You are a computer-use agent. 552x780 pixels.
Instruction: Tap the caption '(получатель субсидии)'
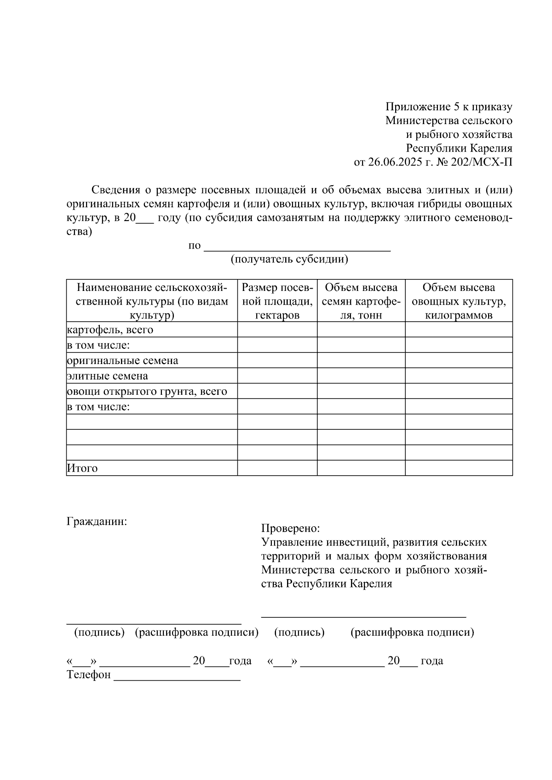(x=289, y=259)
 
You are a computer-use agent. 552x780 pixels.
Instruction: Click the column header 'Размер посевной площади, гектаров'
(x=277, y=301)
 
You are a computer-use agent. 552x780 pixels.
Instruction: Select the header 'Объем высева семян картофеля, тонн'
(x=361, y=301)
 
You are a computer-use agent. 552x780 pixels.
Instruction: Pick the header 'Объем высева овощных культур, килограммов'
(x=459, y=301)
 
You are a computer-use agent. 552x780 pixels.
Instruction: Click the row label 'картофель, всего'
(x=110, y=330)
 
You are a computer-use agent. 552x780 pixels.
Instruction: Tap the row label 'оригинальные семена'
(x=123, y=361)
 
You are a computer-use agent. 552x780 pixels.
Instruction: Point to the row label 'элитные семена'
(x=108, y=376)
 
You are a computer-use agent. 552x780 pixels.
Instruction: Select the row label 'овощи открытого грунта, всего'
(x=147, y=392)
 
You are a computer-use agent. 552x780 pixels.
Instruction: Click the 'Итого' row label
(x=82, y=468)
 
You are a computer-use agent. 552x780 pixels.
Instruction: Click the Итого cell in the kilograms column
(x=459, y=468)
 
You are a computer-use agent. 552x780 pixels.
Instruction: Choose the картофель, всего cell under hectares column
(x=277, y=330)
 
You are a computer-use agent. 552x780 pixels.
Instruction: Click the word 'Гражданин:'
(x=97, y=522)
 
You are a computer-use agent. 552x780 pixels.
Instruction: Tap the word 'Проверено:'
(x=290, y=529)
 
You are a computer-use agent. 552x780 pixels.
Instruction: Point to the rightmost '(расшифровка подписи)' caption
(x=412, y=632)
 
